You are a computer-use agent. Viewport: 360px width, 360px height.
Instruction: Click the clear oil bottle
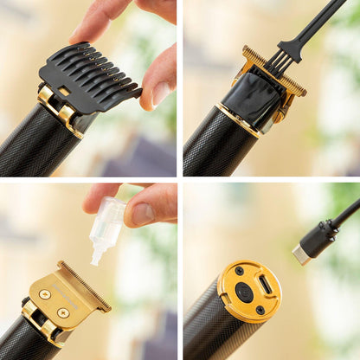click(x=107, y=225)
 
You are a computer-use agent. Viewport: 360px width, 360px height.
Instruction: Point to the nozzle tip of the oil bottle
click(x=96, y=259)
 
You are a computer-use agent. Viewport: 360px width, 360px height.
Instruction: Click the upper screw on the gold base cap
click(x=240, y=271)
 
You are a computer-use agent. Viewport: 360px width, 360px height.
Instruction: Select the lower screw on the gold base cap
click(x=260, y=310)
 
